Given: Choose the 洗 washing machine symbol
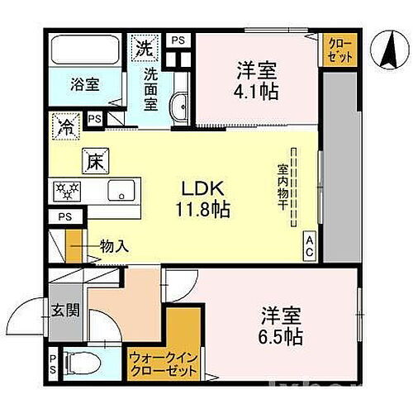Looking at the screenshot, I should [x=145, y=47].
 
